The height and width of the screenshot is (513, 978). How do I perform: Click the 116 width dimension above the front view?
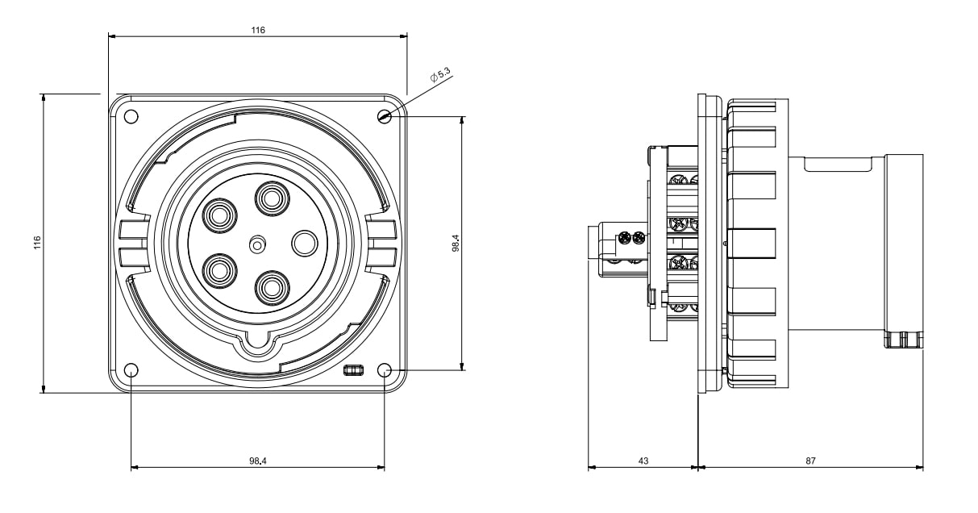tap(257, 30)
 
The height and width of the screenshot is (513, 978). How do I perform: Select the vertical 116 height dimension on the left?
tap(37, 244)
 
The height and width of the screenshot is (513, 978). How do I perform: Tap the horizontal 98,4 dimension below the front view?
tap(257, 461)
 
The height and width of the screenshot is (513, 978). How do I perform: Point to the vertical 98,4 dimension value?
tap(455, 244)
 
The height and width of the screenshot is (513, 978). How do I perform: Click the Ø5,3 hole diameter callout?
tap(439, 77)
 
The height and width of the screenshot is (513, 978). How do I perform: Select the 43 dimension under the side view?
tap(643, 461)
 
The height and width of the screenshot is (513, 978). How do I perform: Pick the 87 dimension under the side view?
tap(810, 461)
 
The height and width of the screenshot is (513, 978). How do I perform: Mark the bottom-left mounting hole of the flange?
tap(131, 371)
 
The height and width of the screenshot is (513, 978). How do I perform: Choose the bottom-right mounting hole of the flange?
tap(385, 371)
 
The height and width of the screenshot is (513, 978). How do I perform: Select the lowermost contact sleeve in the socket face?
tap(272, 286)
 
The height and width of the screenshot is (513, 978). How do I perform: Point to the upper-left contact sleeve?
tap(218, 215)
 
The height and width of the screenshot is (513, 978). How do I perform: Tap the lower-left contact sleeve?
tap(218, 269)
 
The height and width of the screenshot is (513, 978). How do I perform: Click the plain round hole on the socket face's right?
tap(306, 243)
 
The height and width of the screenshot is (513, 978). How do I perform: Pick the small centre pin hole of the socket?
tap(257, 243)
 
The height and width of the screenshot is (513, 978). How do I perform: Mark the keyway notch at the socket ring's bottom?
tap(257, 340)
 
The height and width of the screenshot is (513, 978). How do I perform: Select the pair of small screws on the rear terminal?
tap(631, 238)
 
